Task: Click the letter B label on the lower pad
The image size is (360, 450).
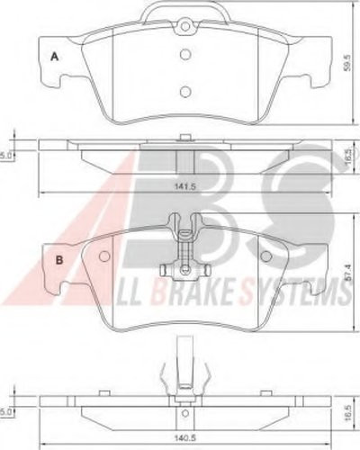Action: tap(59, 261)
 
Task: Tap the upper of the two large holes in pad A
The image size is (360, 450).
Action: tap(184, 53)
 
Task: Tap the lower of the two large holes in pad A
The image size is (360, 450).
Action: tap(184, 91)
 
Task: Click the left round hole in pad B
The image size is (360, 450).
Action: tap(104, 256)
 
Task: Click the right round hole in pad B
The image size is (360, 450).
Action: tap(265, 256)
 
